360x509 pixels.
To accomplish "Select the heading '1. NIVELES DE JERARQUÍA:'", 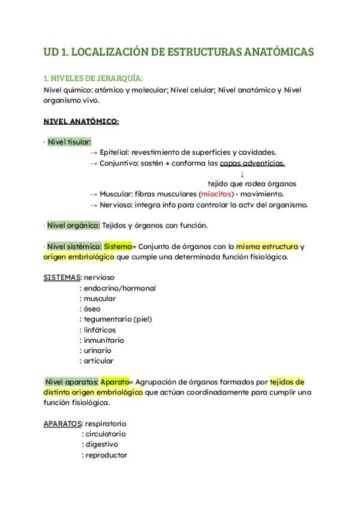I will tap(94, 78).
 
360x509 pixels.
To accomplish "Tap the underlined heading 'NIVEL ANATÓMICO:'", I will tap(82, 121).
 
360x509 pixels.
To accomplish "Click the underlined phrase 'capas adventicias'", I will tap(252, 163).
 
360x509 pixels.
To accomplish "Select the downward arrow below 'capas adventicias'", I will tap(242, 173).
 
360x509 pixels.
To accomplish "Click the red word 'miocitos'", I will tap(215, 194).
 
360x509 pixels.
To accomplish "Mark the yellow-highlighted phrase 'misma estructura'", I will tap(267, 247).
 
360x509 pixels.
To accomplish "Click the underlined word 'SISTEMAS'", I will tap(62, 277).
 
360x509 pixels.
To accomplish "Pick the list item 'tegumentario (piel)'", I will tap(116, 319).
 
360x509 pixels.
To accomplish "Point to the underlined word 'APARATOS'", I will tap(63, 423).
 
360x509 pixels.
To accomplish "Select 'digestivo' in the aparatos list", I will tap(101, 444).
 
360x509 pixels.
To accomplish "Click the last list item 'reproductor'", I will tap(106, 455).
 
